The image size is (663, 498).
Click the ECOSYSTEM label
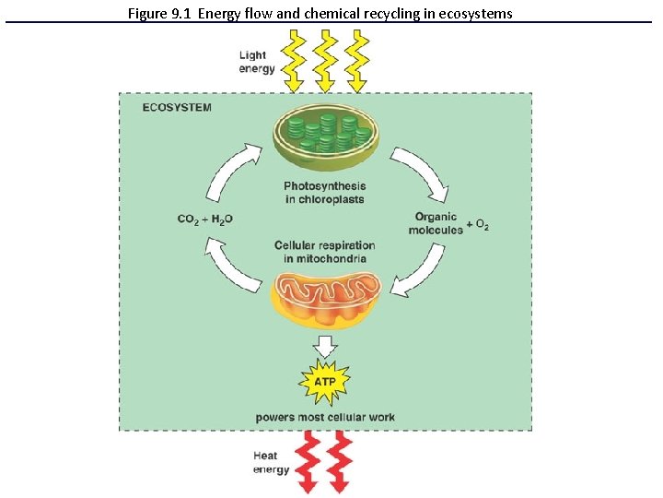176,107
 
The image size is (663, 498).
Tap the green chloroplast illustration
324,137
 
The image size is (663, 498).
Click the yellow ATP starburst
324,381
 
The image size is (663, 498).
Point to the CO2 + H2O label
204,219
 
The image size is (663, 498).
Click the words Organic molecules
436,223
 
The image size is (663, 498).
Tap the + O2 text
478,224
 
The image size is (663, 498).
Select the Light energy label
252,62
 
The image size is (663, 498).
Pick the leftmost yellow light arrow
294,61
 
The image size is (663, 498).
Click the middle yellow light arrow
325,61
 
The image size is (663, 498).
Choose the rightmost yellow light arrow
356,61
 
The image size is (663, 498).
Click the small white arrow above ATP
324,347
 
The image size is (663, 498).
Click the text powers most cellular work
325,417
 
